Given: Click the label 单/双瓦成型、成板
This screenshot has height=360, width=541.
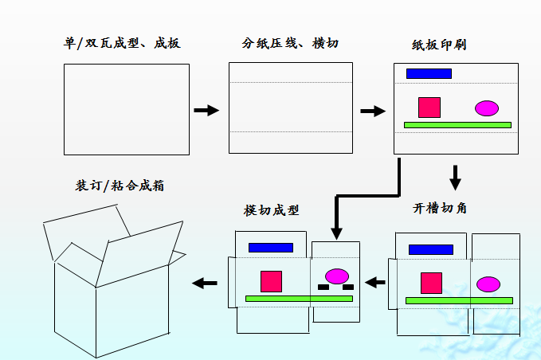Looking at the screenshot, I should point(122,42).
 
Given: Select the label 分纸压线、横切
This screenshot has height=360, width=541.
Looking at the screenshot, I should point(290,43).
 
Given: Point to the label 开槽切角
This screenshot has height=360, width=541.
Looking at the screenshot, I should point(441,209).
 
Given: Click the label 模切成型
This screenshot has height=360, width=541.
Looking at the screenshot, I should point(272,211).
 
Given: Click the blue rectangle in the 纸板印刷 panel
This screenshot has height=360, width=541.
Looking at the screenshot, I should point(429,73).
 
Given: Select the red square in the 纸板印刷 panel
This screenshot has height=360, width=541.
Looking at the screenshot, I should point(429,108).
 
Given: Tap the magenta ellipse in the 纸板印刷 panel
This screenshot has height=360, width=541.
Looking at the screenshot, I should point(487,108).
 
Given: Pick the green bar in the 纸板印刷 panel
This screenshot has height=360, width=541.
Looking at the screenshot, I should point(457,125).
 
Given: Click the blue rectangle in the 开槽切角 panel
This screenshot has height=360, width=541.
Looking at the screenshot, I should point(431,249).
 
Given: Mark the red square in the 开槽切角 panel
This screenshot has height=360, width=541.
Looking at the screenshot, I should point(431,283).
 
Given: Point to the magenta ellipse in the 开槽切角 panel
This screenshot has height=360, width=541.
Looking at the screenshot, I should point(488,284).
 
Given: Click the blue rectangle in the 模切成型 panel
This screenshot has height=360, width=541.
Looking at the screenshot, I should point(271,248).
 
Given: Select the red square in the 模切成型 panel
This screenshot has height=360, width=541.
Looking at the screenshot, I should point(271,281).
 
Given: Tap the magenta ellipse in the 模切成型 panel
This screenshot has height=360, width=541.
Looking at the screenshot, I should point(337,276).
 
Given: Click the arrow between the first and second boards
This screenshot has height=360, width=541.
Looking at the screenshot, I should point(206,110).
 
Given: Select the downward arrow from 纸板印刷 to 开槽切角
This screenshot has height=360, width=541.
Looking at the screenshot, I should point(455,177).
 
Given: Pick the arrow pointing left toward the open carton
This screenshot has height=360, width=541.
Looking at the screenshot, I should point(205,282).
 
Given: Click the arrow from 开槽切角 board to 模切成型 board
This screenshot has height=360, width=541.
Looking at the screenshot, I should point(375,281).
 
